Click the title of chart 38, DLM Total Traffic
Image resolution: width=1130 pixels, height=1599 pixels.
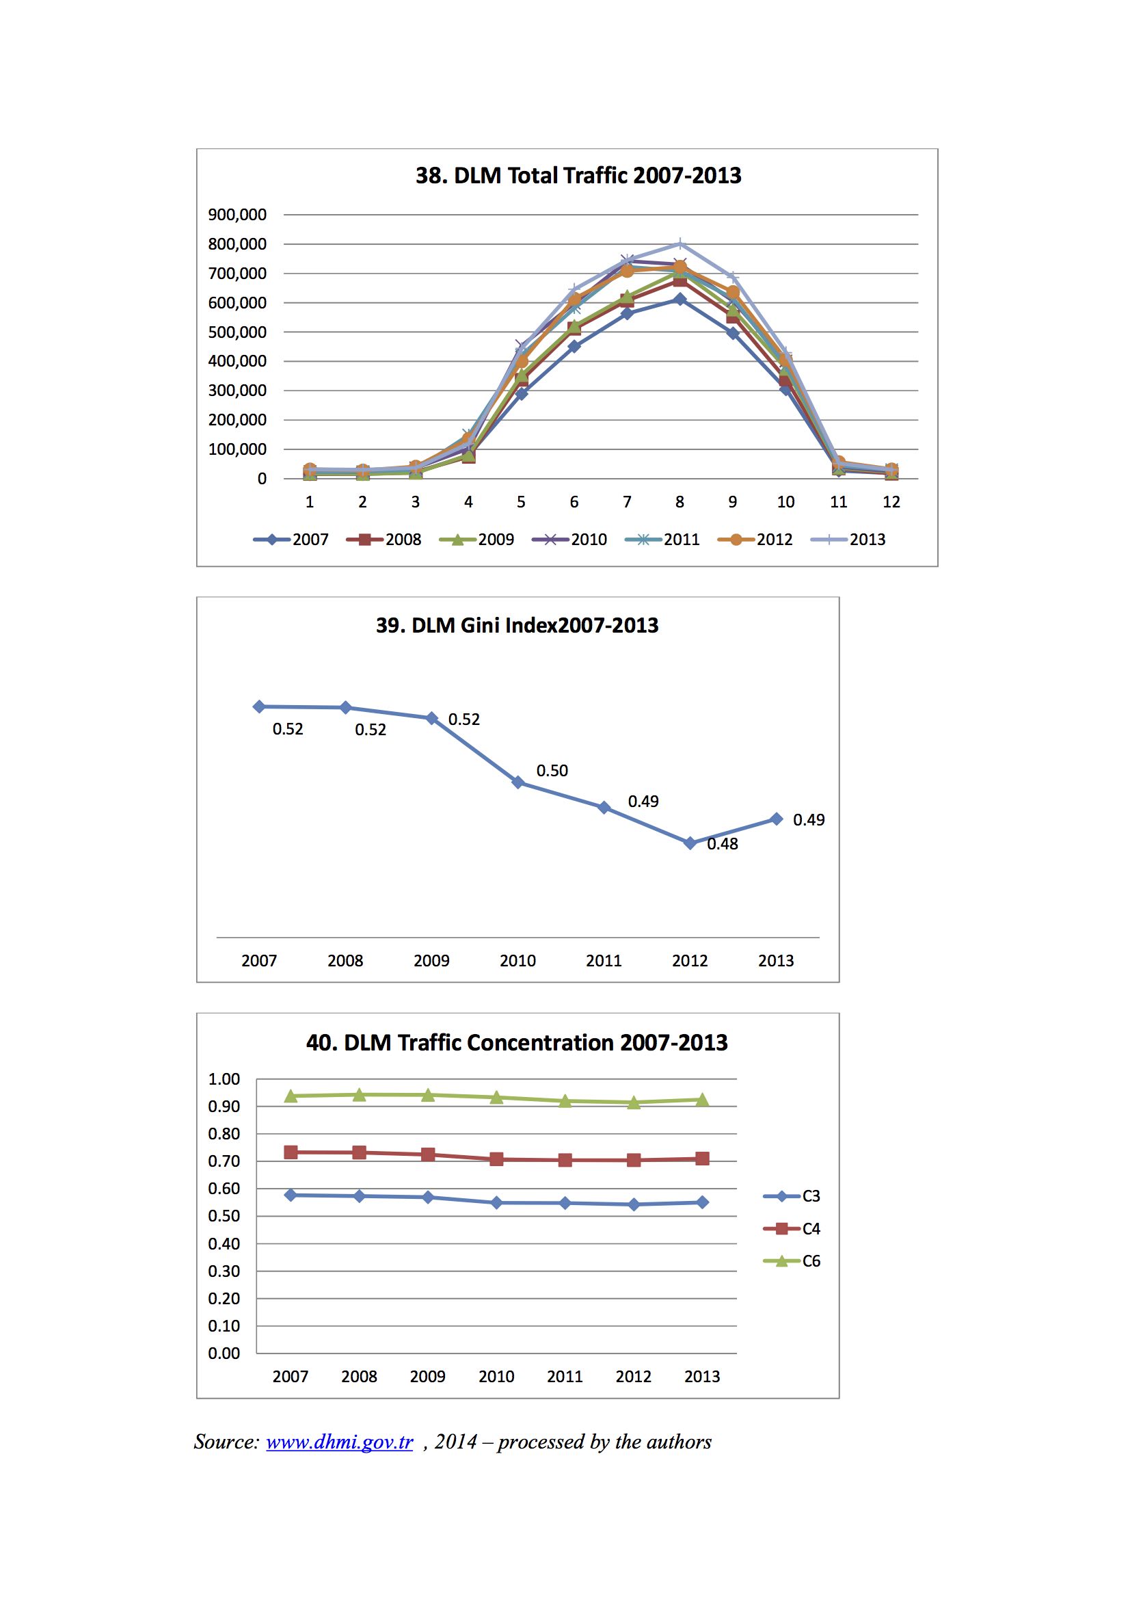click(x=578, y=176)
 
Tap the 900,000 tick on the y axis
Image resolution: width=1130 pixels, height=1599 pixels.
click(x=237, y=215)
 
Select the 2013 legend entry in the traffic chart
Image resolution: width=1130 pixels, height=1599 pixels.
click(x=848, y=539)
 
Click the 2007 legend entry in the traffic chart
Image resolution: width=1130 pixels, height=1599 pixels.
click(x=291, y=539)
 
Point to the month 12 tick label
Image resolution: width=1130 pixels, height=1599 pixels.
click(x=891, y=501)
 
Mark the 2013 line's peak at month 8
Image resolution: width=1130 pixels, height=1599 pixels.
click(x=680, y=243)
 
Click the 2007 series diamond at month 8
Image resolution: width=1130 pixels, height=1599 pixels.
click(x=680, y=300)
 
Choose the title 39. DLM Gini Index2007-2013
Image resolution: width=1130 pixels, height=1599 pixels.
click(x=517, y=624)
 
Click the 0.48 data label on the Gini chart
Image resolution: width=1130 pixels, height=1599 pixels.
click(x=723, y=843)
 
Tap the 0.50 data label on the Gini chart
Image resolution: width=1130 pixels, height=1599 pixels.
click(x=552, y=770)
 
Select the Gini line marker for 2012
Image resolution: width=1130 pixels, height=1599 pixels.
click(x=690, y=843)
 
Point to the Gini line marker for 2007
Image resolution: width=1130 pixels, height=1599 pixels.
click(x=259, y=706)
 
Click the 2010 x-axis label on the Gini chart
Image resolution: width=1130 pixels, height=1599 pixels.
click(x=517, y=960)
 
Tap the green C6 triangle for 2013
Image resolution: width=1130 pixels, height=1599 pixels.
click(x=703, y=1100)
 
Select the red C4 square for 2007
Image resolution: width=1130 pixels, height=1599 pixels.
click(x=291, y=1152)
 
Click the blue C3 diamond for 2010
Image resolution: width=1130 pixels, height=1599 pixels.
click(x=496, y=1203)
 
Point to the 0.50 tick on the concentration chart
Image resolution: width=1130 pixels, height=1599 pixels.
click(x=224, y=1216)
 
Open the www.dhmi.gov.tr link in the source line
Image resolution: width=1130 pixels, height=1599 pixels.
click(x=340, y=1441)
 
